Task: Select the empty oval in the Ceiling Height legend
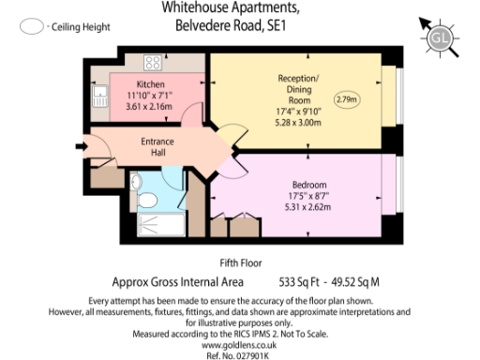(x=32, y=27)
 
